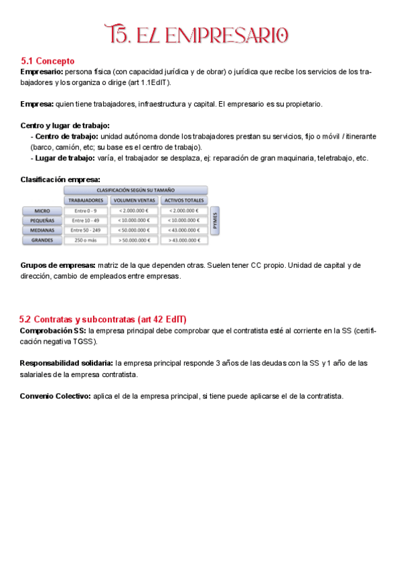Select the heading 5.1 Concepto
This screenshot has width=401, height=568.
point(48,61)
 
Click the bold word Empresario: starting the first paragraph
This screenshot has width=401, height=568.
point(42,72)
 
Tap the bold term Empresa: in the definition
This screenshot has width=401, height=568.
point(37,104)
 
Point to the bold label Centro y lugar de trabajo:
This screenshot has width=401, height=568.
point(65,125)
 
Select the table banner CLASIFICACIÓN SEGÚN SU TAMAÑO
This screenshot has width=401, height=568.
point(135,190)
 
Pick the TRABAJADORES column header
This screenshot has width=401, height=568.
point(86,200)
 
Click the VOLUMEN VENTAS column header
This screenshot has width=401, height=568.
point(134,200)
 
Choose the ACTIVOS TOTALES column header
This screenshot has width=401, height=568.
point(183,200)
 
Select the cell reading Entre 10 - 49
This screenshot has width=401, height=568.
point(86,220)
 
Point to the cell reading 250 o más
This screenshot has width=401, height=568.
point(86,240)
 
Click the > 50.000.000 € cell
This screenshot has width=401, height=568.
point(134,240)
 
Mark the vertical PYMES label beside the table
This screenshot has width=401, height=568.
point(215,220)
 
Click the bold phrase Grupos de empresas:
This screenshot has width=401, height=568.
point(58,265)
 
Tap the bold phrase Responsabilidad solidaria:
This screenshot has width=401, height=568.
point(66,363)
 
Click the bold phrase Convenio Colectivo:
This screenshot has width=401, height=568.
point(56,396)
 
